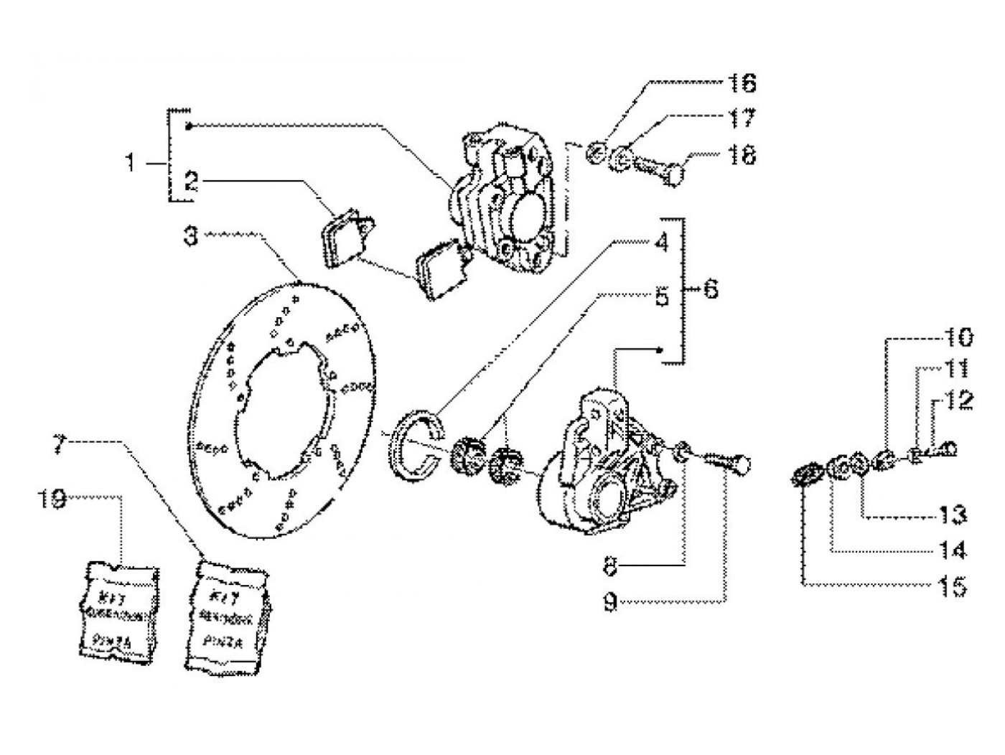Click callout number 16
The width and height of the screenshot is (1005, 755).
pos(742,84)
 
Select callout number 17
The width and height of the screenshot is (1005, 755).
pos(742,118)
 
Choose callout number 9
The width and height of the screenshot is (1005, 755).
pos(609,604)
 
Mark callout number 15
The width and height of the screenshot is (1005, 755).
pos(952,587)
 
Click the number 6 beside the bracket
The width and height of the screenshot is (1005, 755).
pos(709,290)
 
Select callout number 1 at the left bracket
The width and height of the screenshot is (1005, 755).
pos(130,164)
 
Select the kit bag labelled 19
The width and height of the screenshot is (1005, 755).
pos(116,610)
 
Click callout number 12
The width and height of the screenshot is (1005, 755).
pos(959,400)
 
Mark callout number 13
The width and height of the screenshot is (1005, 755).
pos(952,514)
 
